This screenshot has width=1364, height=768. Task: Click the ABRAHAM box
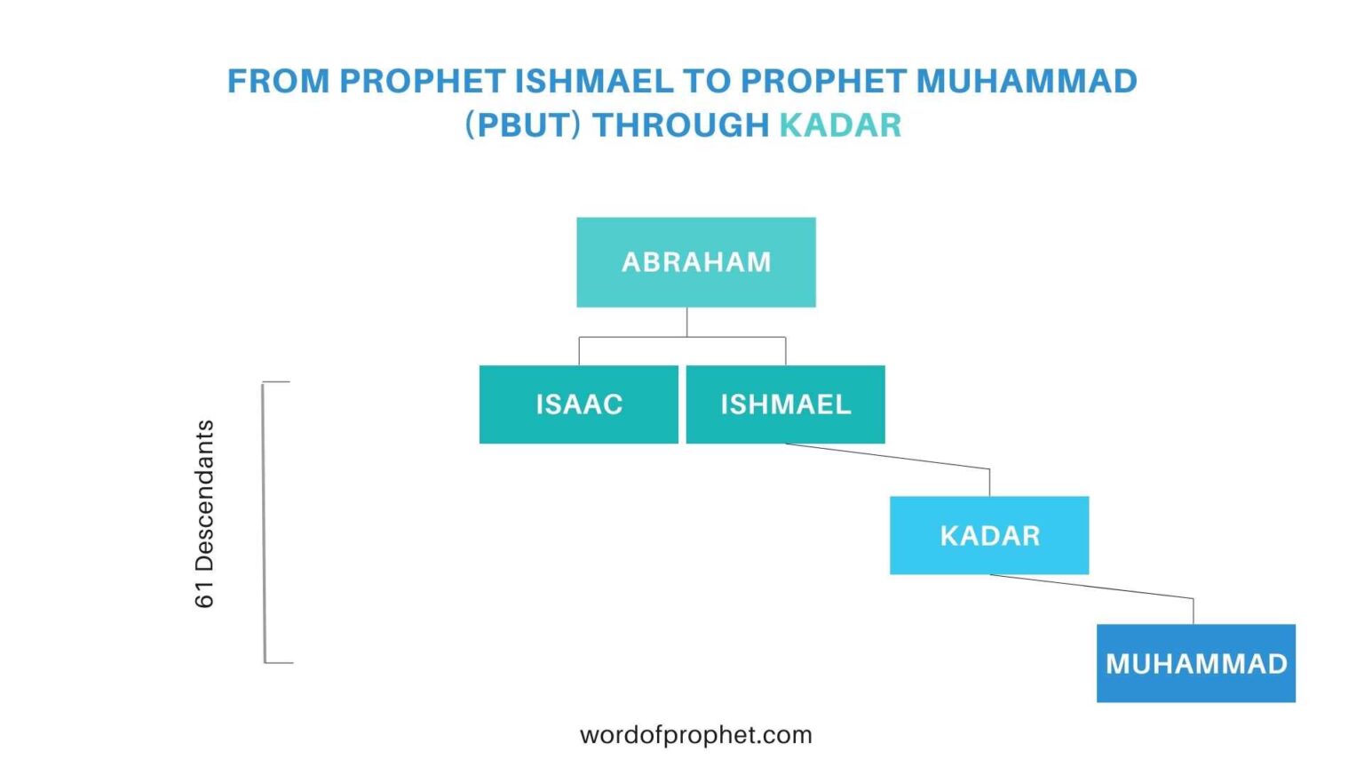(x=695, y=262)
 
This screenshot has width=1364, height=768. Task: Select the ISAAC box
(x=578, y=404)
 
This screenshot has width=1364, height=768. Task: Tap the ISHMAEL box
(x=785, y=404)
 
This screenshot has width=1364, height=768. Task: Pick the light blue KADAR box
(x=989, y=535)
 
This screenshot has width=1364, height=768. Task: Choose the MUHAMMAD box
(x=1195, y=663)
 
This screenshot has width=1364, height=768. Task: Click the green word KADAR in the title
(x=840, y=125)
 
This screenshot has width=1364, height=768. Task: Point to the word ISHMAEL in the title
(x=594, y=81)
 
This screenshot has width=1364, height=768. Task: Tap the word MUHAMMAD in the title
(x=1027, y=81)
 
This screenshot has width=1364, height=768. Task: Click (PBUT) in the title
(x=523, y=125)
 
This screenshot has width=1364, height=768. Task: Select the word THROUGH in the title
(x=680, y=125)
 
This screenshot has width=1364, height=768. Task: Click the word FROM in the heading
(x=278, y=81)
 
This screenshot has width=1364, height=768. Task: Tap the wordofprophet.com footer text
(x=695, y=735)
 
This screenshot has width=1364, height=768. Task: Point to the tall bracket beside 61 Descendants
(x=265, y=523)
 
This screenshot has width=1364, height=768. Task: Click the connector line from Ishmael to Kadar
(x=888, y=456)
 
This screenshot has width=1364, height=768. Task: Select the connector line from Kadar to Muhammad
(x=1092, y=587)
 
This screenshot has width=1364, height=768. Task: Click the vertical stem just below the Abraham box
(x=686, y=322)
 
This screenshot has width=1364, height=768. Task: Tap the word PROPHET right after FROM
(x=422, y=81)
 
